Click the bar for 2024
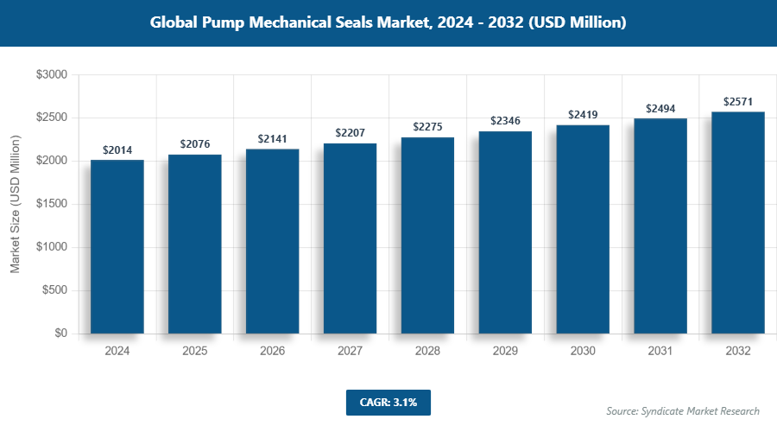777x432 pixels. coord(117,246)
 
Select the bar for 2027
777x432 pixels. coord(351,238)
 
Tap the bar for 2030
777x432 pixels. coord(583,229)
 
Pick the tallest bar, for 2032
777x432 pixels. coord(738,223)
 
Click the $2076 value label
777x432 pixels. coord(195,143)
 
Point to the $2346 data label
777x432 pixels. coord(505,120)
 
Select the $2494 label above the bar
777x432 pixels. coord(660,108)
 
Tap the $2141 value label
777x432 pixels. coord(273,138)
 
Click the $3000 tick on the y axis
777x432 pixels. coord(51,75)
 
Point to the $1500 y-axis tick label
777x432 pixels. coord(51,205)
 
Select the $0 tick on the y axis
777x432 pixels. coord(60,334)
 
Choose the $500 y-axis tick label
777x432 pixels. coord(54,290)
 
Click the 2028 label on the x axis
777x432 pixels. coord(427,352)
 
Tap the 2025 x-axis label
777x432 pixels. coord(195,352)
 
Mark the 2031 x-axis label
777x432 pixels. coord(660,352)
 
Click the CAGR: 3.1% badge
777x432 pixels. coord(388,402)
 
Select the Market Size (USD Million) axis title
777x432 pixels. coord(15,205)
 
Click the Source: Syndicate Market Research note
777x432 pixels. coord(683,411)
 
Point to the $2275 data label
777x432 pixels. coord(427,127)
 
